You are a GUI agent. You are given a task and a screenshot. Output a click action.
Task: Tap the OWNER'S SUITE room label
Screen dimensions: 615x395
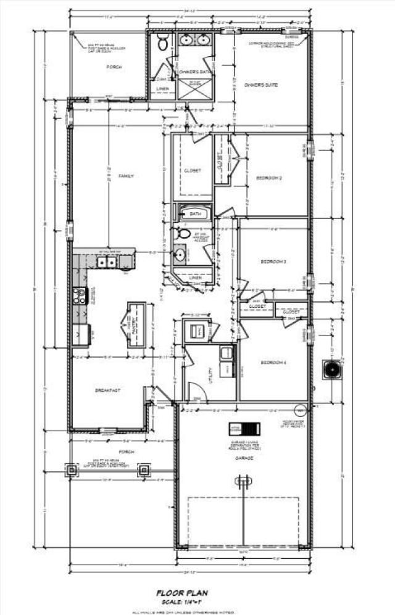pos(262,86)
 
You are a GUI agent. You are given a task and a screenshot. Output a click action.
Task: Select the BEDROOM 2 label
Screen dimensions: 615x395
pos(269,178)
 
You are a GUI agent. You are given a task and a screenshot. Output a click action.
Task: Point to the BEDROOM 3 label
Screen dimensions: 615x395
pos(273,262)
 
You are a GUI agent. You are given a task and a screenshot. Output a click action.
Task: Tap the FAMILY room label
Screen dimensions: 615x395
pos(127,176)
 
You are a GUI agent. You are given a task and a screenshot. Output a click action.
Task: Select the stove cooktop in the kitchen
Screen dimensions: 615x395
pos(79,296)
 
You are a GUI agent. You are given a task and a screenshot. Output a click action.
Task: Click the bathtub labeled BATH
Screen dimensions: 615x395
pos(196,214)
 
